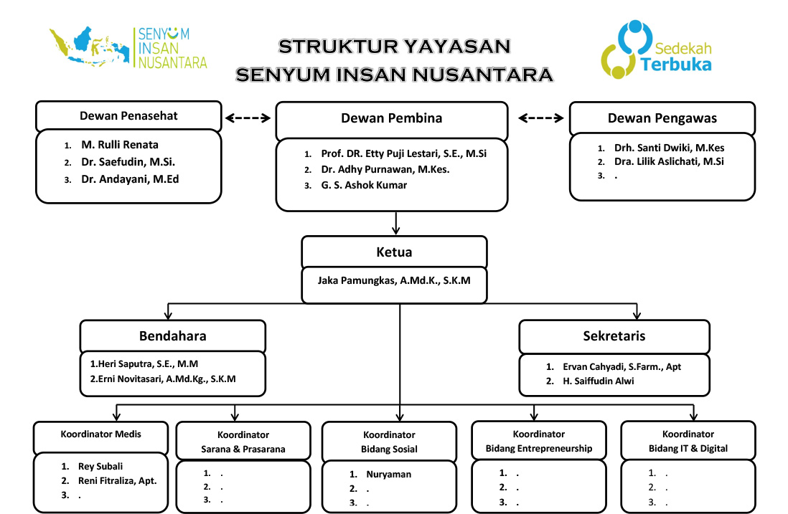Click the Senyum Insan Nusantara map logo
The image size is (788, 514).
(128, 47)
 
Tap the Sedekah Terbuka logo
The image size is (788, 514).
(657, 49)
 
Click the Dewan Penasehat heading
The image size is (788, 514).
(128, 116)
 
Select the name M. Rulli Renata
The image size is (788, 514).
(120, 145)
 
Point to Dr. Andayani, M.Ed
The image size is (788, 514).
(130, 179)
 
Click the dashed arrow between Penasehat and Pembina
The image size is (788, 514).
(248, 118)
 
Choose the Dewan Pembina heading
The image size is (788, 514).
(391, 118)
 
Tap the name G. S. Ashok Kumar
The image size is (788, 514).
(364, 185)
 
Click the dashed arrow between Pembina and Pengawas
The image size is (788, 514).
(540, 118)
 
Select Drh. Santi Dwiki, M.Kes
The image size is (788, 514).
(669, 148)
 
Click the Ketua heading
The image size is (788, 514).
(394, 252)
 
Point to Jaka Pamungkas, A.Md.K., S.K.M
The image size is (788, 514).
(393, 280)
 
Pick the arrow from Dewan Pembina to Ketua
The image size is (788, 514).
(396, 223)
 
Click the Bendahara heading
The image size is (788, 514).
(172, 335)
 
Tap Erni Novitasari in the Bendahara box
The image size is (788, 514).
(163, 379)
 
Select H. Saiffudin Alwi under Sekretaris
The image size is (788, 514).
(598, 381)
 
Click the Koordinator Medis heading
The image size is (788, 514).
(100, 434)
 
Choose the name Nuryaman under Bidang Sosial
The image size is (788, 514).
(388, 475)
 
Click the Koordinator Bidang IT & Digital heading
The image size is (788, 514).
(688, 441)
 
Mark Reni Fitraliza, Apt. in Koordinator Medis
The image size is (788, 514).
(117, 481)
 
